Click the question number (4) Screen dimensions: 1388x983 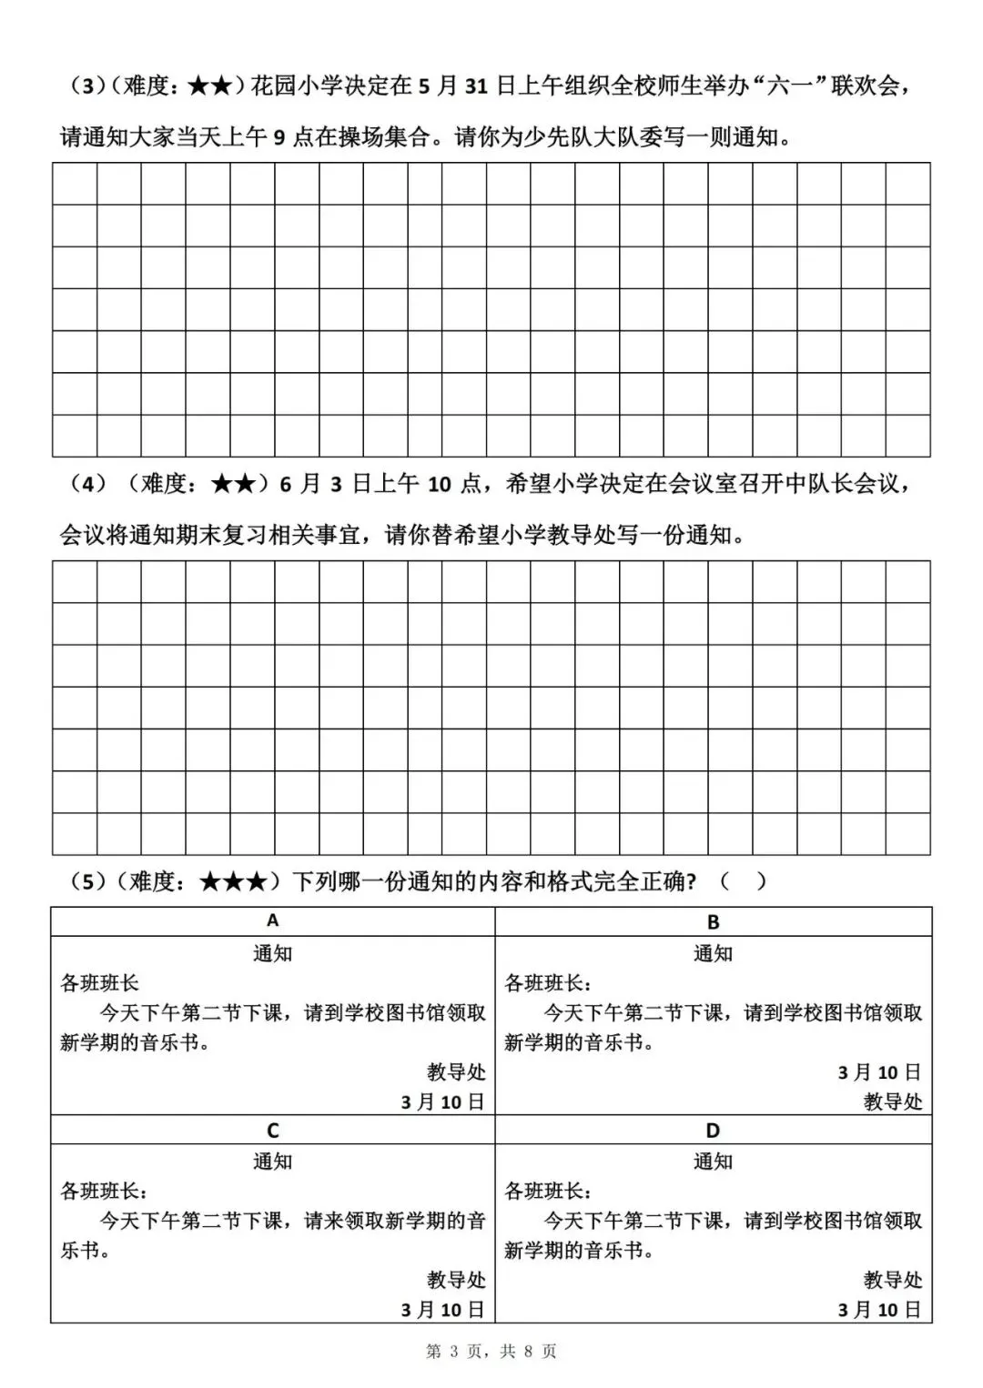(87, 484)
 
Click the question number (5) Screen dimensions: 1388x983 (87, 881)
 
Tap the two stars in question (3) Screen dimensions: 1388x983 (211, 86)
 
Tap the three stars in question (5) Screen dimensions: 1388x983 (233, 881)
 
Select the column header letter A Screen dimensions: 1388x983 (272, 920)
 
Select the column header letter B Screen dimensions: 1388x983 (713, 921)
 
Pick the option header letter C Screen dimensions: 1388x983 (272, 1130)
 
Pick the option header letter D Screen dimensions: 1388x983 (713, 1130)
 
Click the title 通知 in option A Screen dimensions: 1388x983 (272, 953)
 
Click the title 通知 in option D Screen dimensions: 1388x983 (713, 1162)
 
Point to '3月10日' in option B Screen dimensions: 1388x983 (879, 1072)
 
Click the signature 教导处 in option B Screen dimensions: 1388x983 (893, 1101)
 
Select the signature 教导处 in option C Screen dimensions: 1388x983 (456, 1280)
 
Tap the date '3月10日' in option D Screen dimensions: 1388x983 (879, 1310)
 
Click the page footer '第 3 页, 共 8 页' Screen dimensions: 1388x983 (491, 1352)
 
